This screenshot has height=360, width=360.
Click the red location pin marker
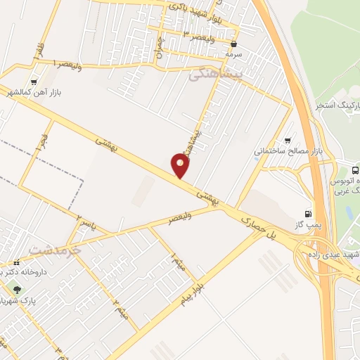(181, 166)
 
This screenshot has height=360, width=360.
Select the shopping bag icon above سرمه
(233, 44)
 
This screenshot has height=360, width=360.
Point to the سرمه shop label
(232, 53)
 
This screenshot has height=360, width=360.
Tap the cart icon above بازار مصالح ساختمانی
(287, 141)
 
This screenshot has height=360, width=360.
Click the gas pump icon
(307, 214)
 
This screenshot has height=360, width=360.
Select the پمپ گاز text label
(308, 224)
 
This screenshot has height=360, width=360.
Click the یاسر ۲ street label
(84, 224)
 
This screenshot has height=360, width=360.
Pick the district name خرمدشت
(55, 250)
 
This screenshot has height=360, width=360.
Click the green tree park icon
(17, 289)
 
